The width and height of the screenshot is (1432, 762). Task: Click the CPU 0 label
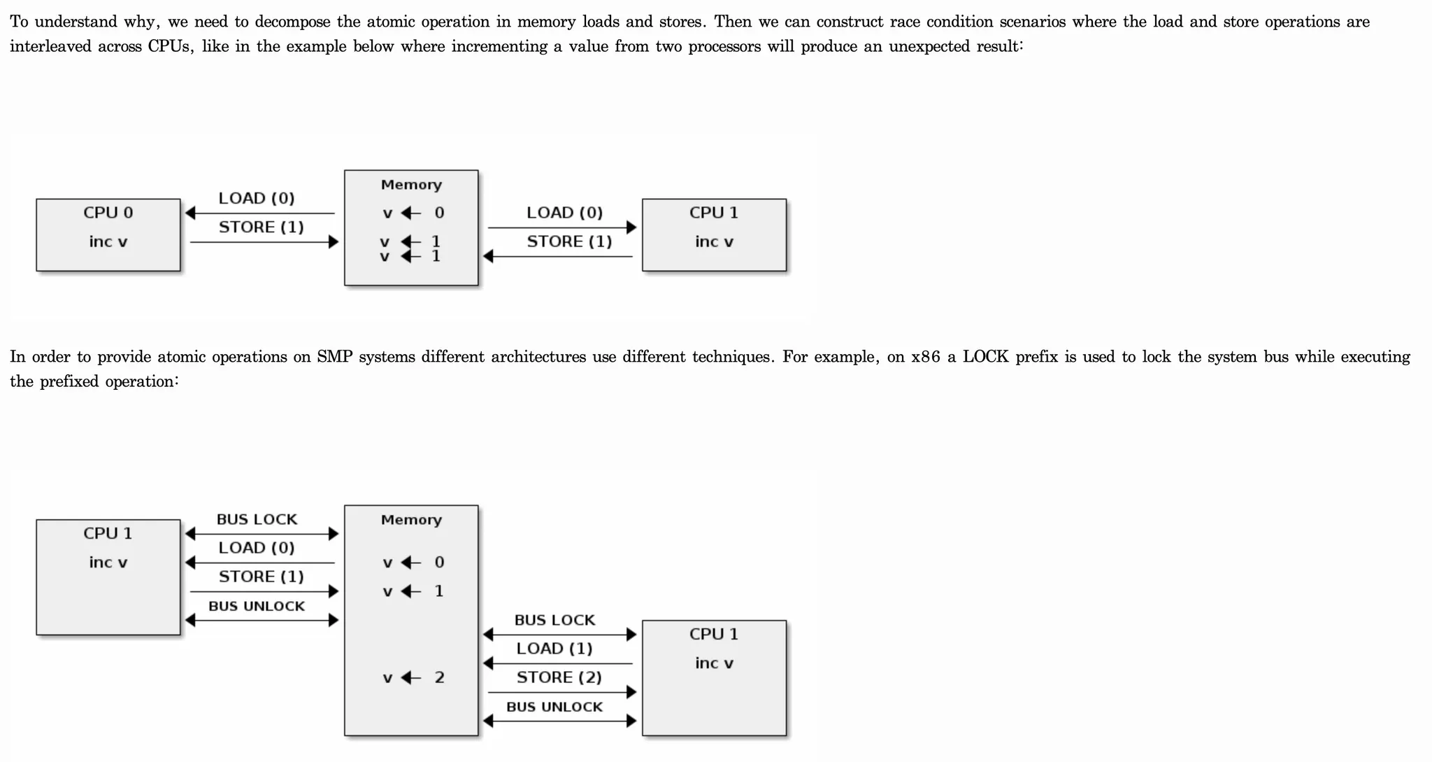pyautogui.click(x=108, y=213)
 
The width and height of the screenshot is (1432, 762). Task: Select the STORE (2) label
pyautogui.click(x=559, y=677)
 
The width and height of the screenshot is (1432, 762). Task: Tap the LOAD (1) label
pyautogui.click(x=554, y=649)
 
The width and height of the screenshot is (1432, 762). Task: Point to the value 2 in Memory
pyautogui.click(x=439, y=677)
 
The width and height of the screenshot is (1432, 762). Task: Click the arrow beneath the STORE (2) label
pyautogui.click(x=561, y=692)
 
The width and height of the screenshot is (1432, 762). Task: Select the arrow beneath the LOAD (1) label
pyautogui.click(x=559, y=663)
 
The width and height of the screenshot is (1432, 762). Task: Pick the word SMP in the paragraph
pyautogui.click(x=334, y=357)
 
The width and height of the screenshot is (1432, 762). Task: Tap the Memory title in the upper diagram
pyautogui.click(x=411, y=185)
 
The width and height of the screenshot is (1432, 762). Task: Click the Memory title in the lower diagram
pyautogui.click(x=411, y=520)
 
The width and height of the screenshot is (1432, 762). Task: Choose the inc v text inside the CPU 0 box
pyautogui.click(x=108, y=242)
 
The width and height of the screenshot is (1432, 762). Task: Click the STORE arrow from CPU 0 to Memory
pyautogui.click(x=264, y=242)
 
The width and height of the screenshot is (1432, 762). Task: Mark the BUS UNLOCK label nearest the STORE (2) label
pyautogui.click(x=554, y=707)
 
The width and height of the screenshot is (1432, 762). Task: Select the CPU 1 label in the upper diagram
pyautogui.click(x=713, y=213)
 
